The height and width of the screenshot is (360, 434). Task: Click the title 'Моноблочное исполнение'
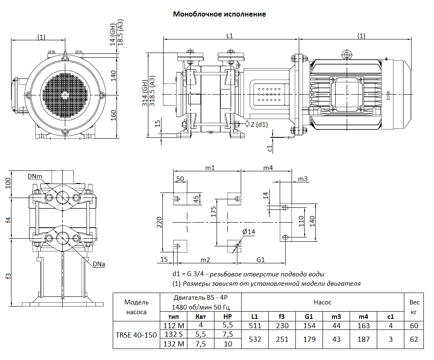click(219, 14)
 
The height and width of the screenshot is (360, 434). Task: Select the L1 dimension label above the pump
click(229, 36)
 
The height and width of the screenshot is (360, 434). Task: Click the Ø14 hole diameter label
click(249, 232)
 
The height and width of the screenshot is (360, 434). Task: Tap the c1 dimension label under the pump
click(270, 148)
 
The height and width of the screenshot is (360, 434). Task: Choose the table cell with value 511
click(254, 326)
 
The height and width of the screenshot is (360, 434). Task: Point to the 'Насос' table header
click(323, 302)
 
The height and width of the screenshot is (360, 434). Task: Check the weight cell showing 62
click(414, 339)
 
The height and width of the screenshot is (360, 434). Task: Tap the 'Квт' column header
click(201, 317)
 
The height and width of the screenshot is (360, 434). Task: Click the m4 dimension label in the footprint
click(267, 168)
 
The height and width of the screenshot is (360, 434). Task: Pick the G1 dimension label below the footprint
click(261, 260)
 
